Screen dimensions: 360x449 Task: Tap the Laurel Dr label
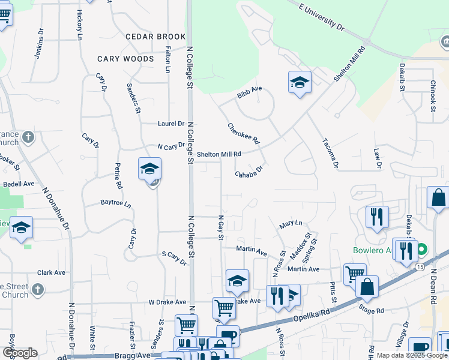(171, 124)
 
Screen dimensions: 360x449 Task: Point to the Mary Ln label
(291, 224)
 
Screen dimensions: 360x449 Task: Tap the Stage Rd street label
(371, 311)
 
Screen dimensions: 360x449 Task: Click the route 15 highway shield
(419, 266)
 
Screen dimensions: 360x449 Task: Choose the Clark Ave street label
(51, 272)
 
